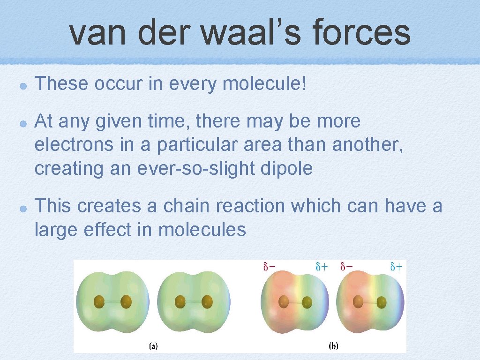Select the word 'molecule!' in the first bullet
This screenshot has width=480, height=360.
coord(265,84)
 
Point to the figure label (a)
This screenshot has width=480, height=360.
coord(153,346)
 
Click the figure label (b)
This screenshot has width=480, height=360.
coord(333,346)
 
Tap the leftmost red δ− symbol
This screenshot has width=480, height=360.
coord(269,267)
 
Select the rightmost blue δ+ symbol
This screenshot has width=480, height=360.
coord(396,267)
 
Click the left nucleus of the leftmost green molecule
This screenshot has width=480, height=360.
coord(99,302)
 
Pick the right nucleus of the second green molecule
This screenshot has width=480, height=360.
coord(207,302)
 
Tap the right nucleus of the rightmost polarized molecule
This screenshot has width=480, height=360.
coord(382,302)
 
